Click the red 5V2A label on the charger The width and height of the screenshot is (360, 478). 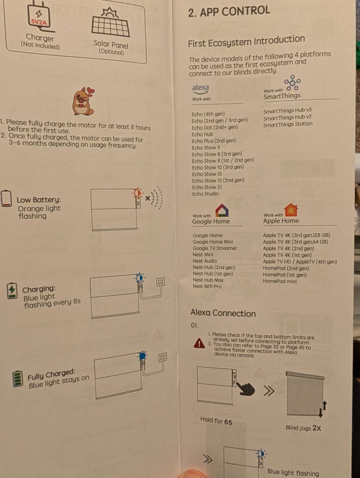(39, 22)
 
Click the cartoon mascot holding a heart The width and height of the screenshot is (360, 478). (83, 101)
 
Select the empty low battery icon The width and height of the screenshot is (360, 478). (6, 198)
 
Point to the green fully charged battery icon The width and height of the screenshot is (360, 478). (18, 379)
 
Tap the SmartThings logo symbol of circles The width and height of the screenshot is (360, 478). (292, 83)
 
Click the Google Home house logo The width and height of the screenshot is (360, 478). (222, 210)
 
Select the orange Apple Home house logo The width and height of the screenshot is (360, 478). (291, 210)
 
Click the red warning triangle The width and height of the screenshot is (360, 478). (199, 344)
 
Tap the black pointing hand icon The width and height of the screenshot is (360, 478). (245, 388)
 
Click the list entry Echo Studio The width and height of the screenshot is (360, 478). (205, 194)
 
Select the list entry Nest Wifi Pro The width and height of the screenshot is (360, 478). (207, 286)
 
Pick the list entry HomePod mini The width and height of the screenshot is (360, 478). (280, 281)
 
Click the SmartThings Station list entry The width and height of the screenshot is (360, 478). (288, 124)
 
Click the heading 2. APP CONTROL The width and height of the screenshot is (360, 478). (229, 11)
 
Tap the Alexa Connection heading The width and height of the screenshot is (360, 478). (223, 313)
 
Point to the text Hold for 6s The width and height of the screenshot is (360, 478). (216, 420)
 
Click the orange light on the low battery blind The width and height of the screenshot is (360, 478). (137, 193)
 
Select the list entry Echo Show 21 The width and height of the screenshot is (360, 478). (207, 187)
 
